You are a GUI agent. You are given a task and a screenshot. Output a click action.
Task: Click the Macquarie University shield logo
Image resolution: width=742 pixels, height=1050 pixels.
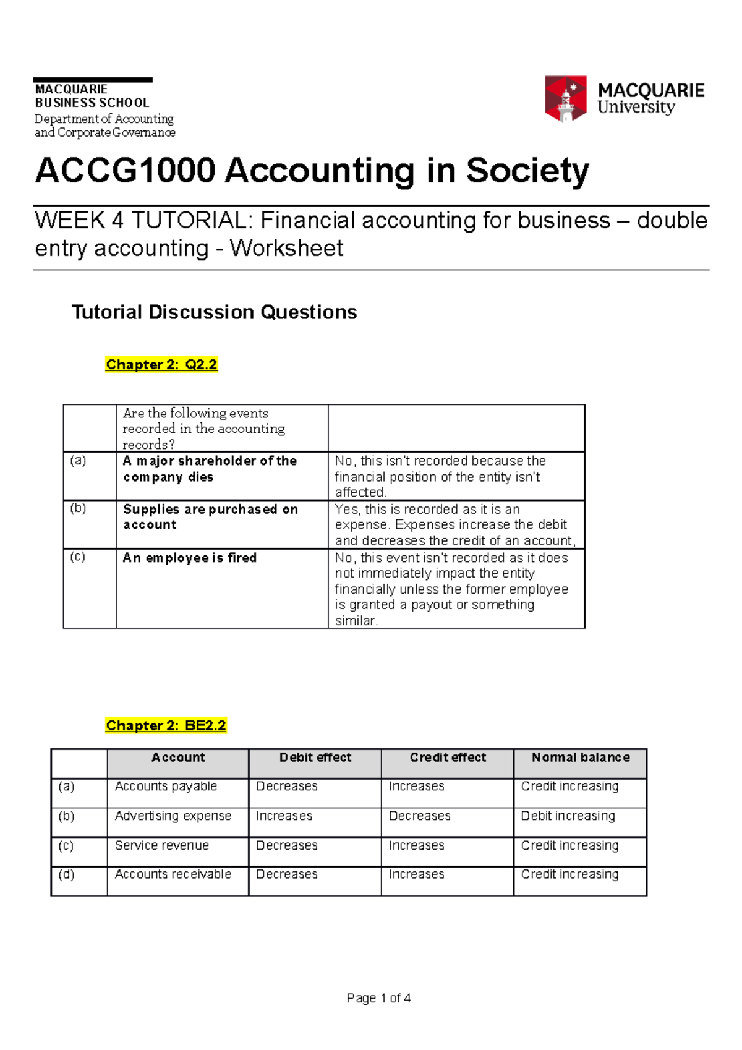click(565, 98)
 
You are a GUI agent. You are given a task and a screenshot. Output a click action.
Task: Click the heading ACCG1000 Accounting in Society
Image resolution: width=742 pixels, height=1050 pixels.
click(312, 171)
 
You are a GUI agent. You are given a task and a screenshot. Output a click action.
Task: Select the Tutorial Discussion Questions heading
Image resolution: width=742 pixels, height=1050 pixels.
click(214, 312)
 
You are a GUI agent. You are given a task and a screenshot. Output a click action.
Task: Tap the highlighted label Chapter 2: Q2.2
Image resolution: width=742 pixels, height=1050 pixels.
click(161, 365)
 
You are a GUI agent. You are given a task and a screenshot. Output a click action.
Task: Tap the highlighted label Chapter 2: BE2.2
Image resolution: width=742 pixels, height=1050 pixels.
click(166, 725)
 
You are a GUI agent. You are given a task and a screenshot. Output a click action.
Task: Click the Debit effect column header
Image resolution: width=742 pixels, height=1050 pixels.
click(315, 758)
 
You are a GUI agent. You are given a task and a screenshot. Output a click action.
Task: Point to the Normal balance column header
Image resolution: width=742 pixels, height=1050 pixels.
click(580, 758)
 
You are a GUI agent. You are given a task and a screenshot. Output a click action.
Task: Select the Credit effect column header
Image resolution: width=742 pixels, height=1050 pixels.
click(448, 758)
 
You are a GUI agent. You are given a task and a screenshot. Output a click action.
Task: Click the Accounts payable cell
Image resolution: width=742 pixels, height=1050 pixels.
click(166, 787)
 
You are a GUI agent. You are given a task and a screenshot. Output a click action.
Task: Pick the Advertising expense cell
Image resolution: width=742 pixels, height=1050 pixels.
click(173, 816)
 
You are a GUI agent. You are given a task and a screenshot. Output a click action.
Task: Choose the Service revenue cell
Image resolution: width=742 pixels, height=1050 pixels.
click(161, 845)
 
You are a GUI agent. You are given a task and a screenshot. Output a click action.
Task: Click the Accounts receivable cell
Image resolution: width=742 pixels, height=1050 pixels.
click(173, 874)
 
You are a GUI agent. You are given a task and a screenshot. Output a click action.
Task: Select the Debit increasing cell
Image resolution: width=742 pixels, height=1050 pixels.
click(568, 816)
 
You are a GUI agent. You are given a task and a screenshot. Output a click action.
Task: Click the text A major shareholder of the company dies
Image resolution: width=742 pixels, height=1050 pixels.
click(210, 469)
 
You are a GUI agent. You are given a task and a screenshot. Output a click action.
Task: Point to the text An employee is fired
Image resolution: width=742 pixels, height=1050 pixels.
click(189, 558)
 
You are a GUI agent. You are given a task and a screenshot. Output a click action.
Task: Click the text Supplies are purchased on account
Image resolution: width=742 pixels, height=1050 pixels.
click(210, 517)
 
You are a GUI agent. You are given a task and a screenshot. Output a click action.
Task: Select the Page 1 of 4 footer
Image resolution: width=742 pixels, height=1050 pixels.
click(378, 998)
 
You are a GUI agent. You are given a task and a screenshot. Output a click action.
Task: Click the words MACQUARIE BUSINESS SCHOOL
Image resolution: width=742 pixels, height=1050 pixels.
click(92, 96)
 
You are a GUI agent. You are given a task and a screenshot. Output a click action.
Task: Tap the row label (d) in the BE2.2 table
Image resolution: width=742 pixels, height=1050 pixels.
click(66, 874)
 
